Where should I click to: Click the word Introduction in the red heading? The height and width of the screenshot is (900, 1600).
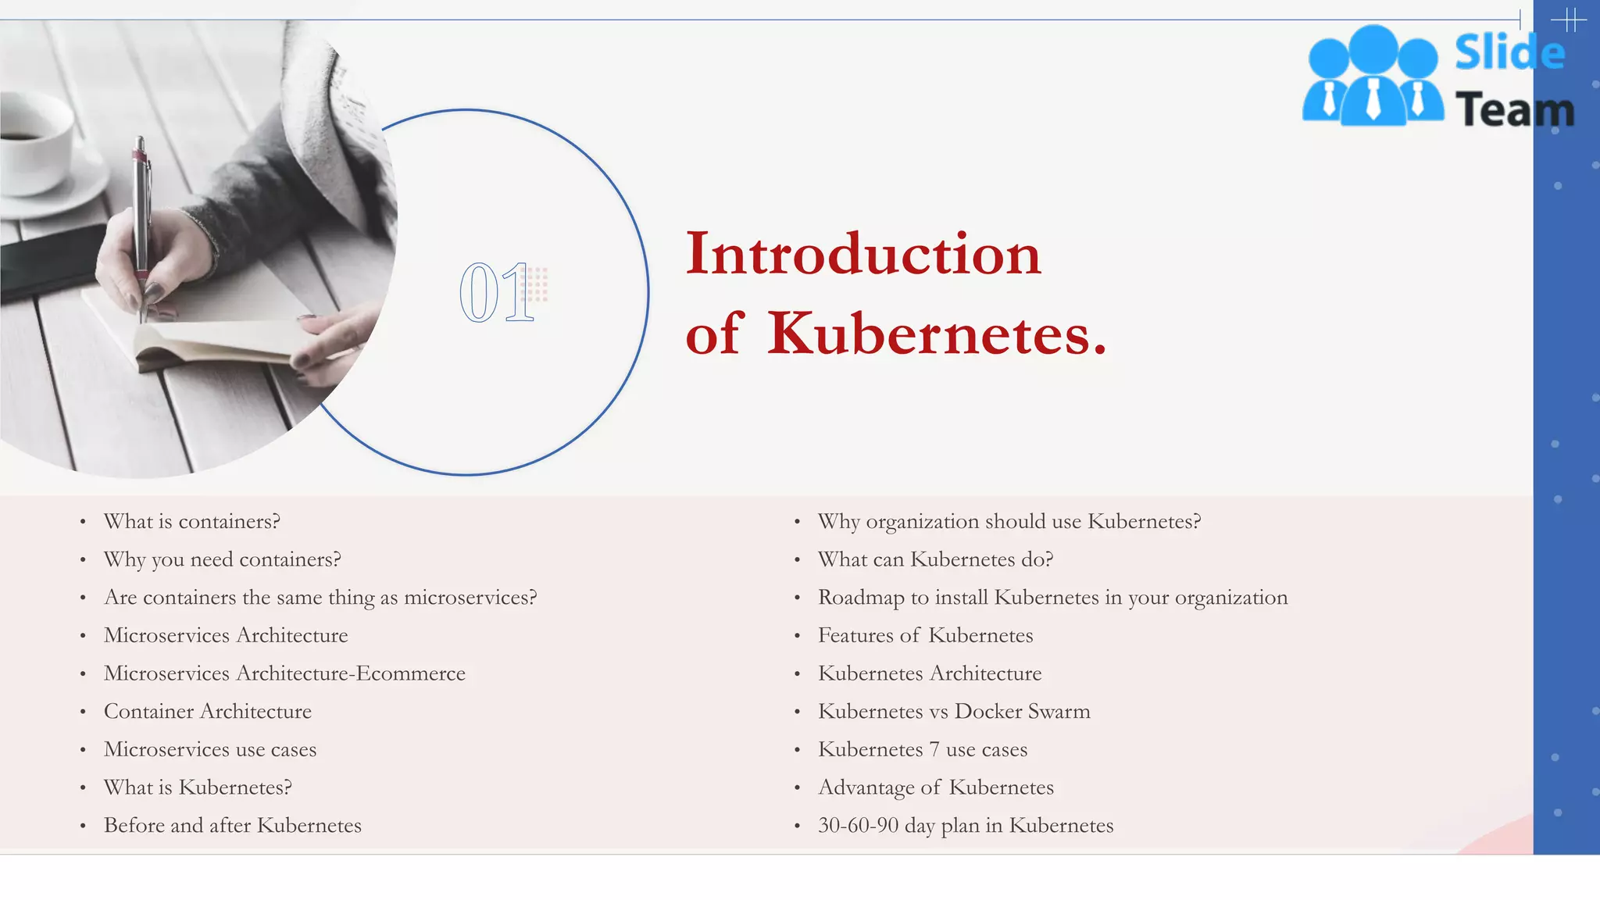pos(863,254)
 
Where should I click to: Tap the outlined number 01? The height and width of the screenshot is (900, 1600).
pos(497,293)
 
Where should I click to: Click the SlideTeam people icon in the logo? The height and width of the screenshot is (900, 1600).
pos(1373,77)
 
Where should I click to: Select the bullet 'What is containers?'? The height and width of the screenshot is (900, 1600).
pos(191,522)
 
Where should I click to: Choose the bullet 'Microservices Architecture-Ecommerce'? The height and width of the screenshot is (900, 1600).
pos(284,673)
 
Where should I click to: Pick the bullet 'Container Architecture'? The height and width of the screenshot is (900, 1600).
pos(207,712)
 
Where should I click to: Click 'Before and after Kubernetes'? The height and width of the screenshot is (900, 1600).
pos(232,826)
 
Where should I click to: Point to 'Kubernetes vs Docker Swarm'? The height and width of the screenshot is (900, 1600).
pos(953,712)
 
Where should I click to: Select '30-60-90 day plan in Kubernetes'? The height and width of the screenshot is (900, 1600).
pos(965,826)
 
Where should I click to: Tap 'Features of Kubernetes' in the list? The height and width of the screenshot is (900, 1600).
pos(925,636)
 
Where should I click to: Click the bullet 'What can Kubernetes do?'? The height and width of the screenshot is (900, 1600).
pos(935,560)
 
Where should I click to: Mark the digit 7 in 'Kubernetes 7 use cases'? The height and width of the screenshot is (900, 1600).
pos(934,750)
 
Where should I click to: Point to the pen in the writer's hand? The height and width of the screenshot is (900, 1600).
pos(141,219)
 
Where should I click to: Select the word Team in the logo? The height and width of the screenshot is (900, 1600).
pos(1514,109)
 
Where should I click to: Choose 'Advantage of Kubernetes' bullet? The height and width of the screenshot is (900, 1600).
pos(935,787)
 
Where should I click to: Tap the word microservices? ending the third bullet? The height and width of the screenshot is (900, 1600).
pos(470,598)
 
